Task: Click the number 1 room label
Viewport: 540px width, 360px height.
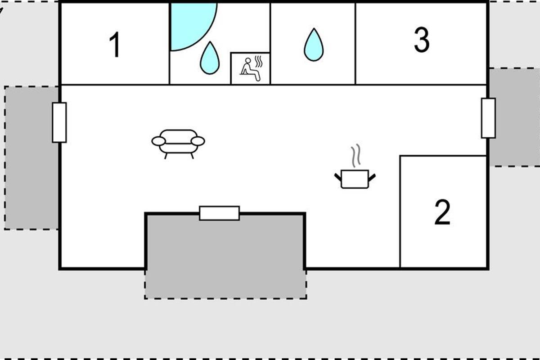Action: (x=115, y=45)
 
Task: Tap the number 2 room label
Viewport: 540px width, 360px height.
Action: (x=442, y=213)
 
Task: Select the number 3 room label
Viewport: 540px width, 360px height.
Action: (x=421, y=40)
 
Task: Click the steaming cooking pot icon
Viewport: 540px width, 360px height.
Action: (x=355, y=178)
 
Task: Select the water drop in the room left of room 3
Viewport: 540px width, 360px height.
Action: (x=313, y=45)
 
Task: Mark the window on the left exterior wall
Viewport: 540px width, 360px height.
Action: (x=59, y=122)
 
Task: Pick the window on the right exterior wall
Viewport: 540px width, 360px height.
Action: (x=488, y=118)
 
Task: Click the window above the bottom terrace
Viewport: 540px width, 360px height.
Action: (x=219, y=213)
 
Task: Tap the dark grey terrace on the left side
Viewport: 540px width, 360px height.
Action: (x=31, y=157)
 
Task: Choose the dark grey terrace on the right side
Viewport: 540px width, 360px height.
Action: (x=514, y=117)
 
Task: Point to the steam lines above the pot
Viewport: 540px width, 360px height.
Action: (x=356, y=155)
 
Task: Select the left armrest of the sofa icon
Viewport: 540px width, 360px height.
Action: (x=158, y=141)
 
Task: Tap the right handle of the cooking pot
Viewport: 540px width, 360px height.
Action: (x=372, y=176)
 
